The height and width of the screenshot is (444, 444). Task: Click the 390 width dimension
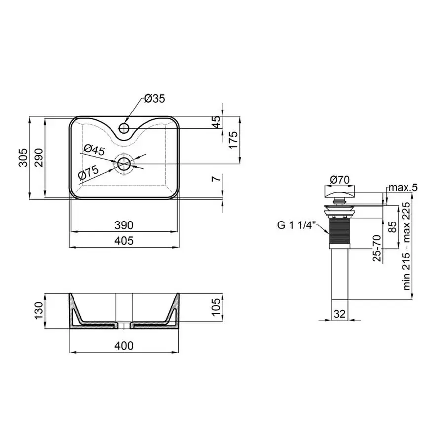(x=123, y=225)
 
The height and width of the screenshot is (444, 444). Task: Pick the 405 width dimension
(x=123, y=241)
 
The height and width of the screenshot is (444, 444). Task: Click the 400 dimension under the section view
(x=123, y=346)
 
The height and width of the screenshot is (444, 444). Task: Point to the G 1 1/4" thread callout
(x=296, y=226)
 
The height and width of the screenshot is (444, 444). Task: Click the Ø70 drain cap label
(x=339, y=180)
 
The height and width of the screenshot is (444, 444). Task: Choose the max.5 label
(x=402, y=187)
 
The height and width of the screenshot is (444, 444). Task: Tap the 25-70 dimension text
(x=377, y=248)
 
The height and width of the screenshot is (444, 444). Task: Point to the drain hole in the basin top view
(x=124, y=164)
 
